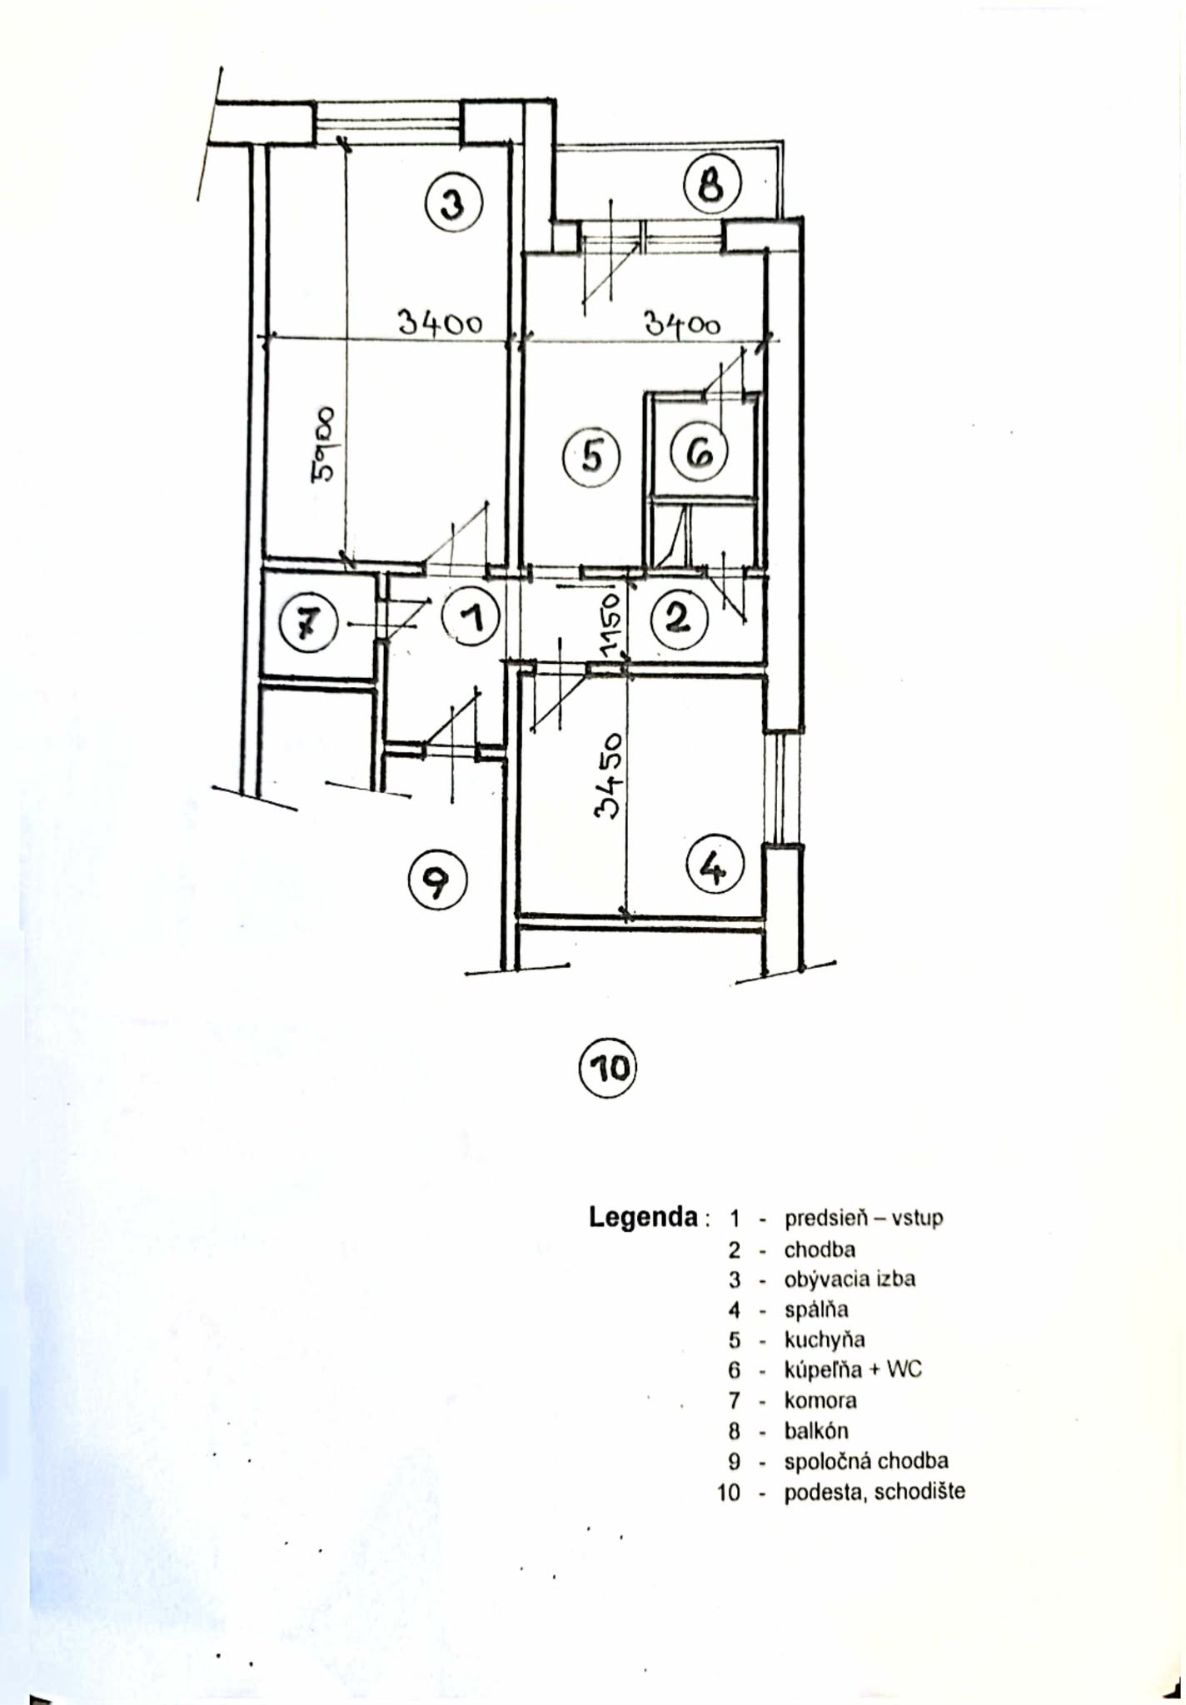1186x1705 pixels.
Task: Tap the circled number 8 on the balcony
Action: coord(712,184)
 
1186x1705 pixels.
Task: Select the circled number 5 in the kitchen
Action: coord(591,456)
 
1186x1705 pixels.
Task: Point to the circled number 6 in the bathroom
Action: coord(700,453)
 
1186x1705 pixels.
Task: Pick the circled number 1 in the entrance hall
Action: coord(471,619)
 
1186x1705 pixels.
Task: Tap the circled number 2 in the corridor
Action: coord(679,619)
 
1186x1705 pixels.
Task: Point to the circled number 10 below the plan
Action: coord(607,1068)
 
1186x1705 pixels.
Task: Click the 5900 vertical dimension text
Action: coord(324,445)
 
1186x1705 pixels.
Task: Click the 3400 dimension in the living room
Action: coord(440,322)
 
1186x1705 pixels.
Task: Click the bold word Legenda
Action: coord(644,1217)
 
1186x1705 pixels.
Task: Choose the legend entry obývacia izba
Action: coord(850,1279)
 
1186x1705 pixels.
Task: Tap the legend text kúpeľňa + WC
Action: coord(853,1369)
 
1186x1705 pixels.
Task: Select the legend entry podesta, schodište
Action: coord(875,1491)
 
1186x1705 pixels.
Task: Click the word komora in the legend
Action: coord(820,1400)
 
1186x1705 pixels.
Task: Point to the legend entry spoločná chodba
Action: coord(866,1461)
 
